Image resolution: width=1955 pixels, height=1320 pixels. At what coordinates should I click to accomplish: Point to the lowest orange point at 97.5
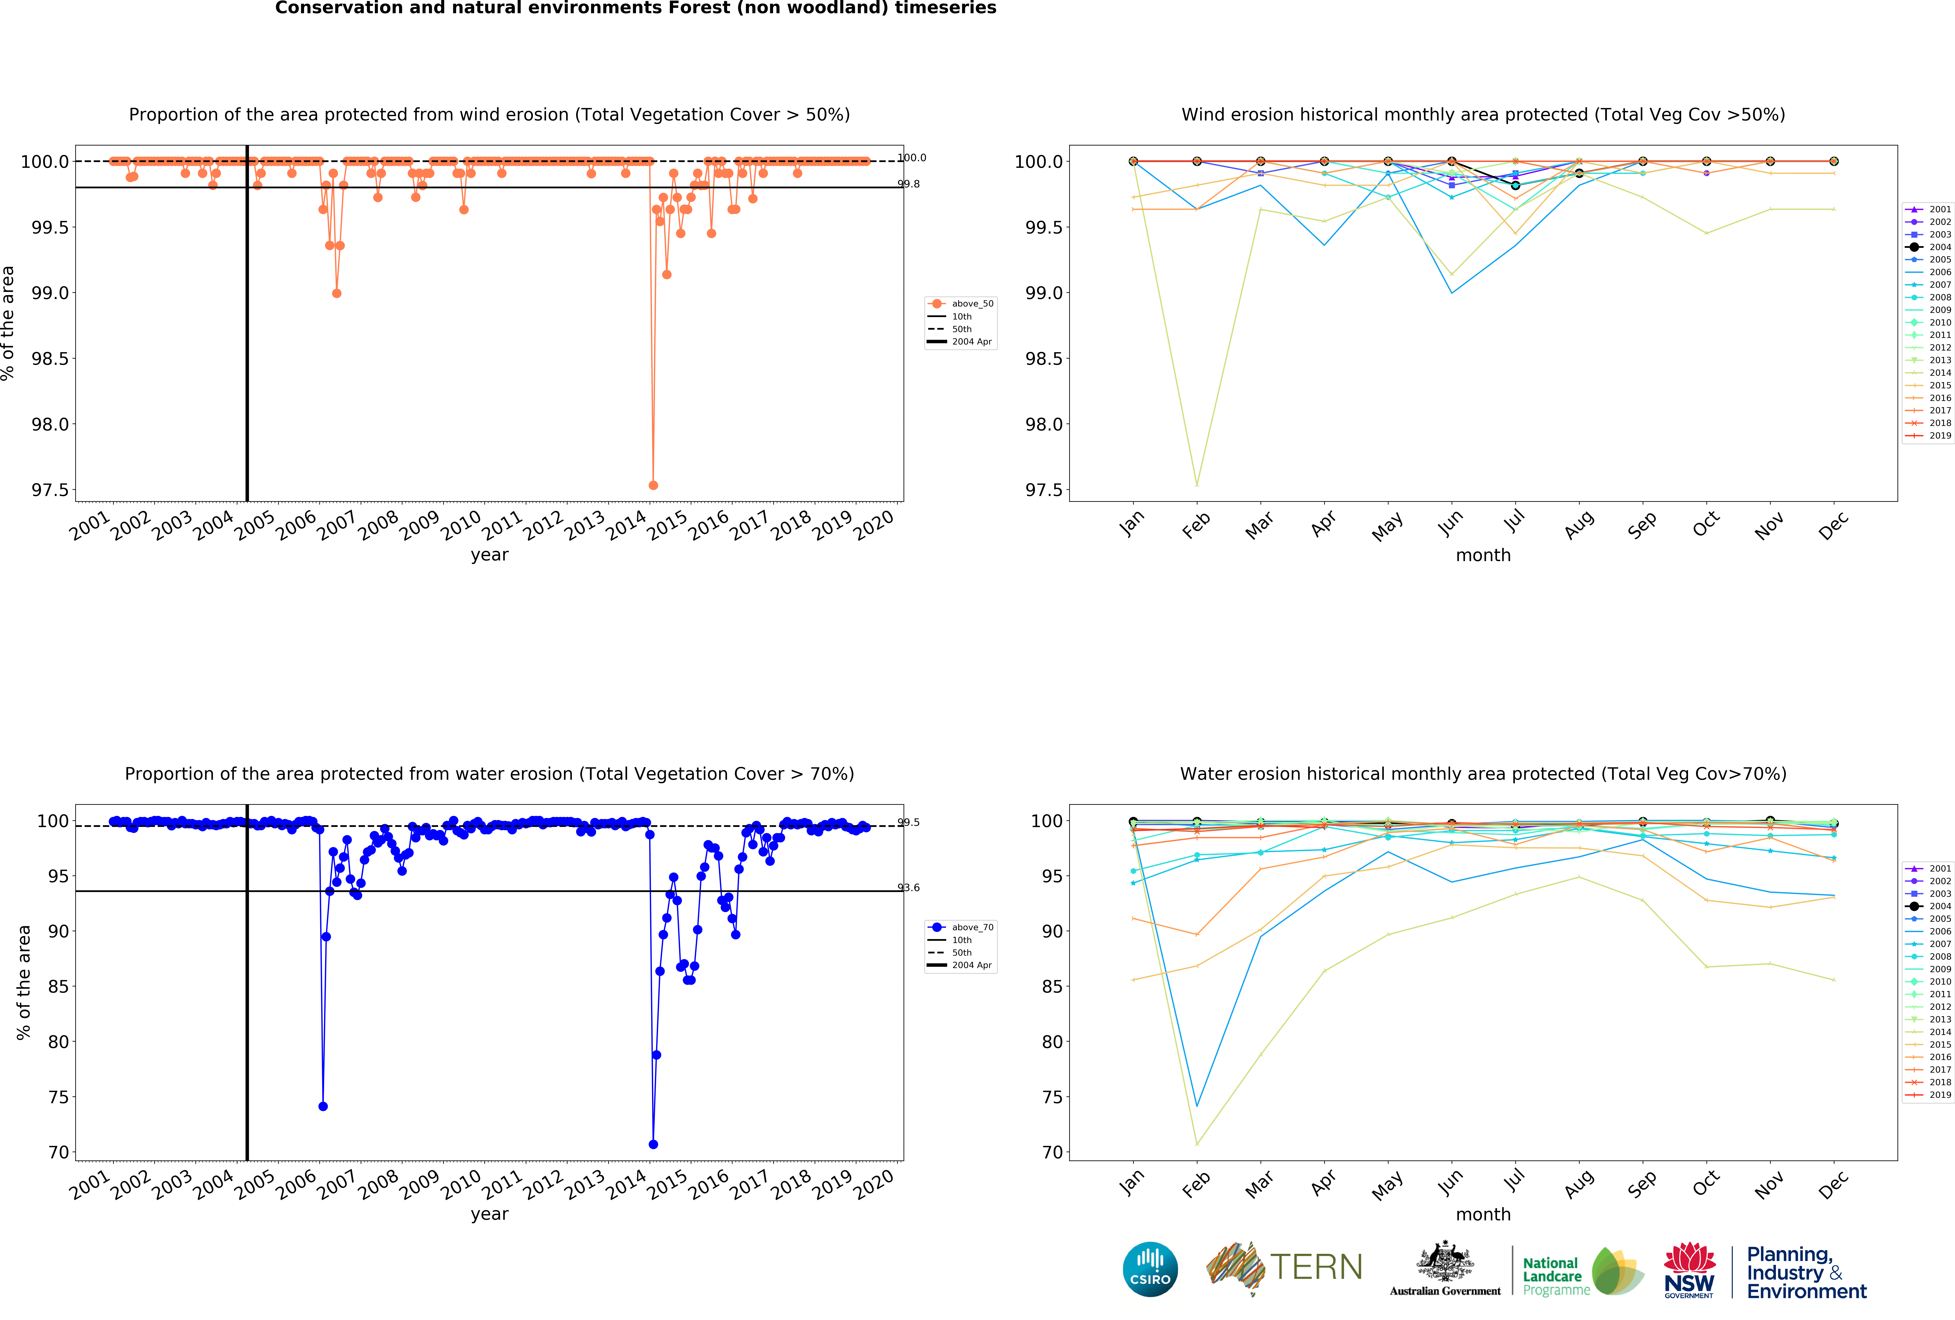(x=653, y=485)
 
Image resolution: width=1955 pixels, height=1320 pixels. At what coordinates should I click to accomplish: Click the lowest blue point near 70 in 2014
(x=653, y=1144)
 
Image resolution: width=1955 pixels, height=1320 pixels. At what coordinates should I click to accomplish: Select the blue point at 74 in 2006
(x=323, y=1107)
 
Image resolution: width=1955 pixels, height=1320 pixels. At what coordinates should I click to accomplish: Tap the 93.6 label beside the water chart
(x=909, y=888)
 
